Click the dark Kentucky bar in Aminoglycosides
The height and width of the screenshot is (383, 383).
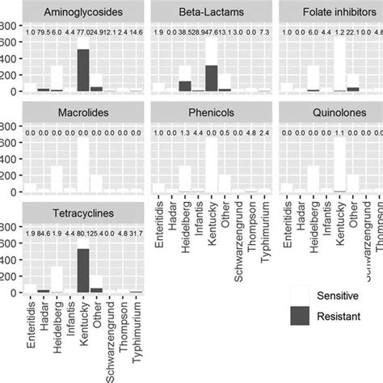click(x=82, y=69)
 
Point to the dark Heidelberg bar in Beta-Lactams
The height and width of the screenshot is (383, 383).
click(x=184, y=86)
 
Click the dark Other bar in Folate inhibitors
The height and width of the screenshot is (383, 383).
click(x=352, y=89)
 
